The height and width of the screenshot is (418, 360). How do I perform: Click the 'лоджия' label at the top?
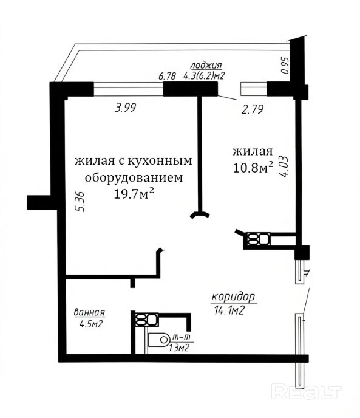pos(206,66)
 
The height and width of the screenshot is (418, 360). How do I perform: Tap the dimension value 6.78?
pos(167,76)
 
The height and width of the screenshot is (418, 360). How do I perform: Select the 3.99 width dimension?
pos(125,108)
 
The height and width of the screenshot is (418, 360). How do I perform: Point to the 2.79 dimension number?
pos(253,109)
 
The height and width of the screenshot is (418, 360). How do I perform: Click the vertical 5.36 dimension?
pos(80,202)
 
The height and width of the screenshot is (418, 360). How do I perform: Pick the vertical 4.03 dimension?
pos(284,166)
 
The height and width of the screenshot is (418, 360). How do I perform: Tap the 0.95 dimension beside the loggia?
pos(285,66)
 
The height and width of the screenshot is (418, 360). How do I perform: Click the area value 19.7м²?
pos(134,193)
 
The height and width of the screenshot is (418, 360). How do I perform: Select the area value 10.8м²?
pos(253,168)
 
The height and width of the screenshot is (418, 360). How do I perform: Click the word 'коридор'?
pos(234,297)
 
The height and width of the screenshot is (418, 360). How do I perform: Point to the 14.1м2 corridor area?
pos(229,310)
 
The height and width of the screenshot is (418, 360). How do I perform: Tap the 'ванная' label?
pos(89,312)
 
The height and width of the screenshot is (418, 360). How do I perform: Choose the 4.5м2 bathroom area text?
pos(91,324)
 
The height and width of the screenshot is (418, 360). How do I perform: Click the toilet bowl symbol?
pos(158,340)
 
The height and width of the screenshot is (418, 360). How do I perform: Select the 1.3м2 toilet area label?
pos(179,348)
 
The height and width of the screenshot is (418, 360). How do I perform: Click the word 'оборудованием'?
pos(134,178)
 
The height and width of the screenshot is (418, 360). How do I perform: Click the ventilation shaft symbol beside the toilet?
pos(146,320)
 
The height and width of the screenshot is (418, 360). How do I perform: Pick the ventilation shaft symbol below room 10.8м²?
pos(259,239)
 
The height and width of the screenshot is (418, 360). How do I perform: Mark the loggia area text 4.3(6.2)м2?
pos(203,76)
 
